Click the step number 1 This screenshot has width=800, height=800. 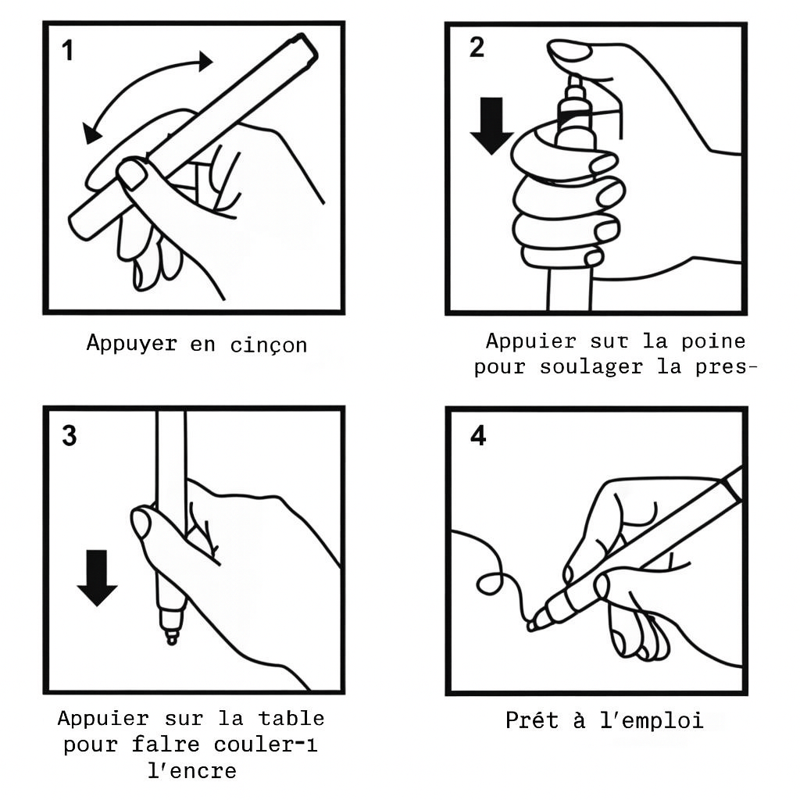click(67, 51)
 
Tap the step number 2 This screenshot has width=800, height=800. click(477, 48)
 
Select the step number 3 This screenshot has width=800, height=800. click(70, 436)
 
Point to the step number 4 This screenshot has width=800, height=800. click(478, 436)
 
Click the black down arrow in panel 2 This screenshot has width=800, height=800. click(491, 126)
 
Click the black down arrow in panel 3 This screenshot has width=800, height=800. click(97, 577)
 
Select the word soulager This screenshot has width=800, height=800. click(591, 368)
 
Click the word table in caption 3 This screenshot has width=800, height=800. click(291, 719)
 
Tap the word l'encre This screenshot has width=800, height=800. click(192, 770)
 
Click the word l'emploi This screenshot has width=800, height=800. click(652, 721)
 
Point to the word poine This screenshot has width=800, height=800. click(714, 341)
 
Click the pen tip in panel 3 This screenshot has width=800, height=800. click(172, 638)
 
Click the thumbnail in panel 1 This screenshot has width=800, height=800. click(131, 174)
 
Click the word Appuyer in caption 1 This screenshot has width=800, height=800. click(131, 344)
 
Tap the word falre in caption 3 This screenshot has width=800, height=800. click(166, 745)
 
